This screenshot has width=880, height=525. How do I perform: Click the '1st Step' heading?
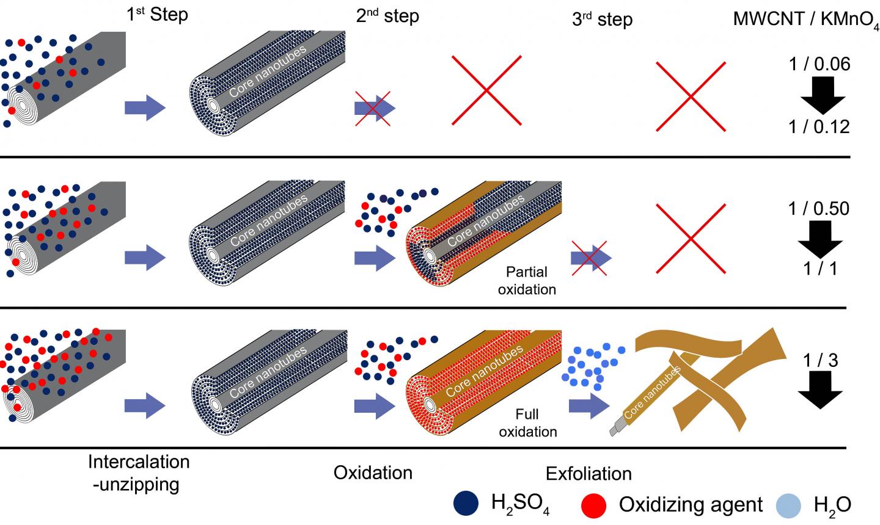157,15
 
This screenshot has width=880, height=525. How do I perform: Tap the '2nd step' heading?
387,16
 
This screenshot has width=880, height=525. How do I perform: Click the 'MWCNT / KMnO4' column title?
805,20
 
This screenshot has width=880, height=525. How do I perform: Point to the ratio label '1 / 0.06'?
819,63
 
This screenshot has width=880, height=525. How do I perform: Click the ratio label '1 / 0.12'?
819,126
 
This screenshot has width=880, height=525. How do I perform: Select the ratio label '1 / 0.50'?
819,208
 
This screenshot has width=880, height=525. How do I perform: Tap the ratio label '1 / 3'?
821,360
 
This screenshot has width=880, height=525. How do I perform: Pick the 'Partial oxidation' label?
527,280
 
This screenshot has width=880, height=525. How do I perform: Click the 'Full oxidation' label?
528,423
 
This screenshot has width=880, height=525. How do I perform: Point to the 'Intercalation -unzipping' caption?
139,472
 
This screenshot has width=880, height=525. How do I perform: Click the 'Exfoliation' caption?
588,474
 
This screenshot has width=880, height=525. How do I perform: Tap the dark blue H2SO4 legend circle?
469,504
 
